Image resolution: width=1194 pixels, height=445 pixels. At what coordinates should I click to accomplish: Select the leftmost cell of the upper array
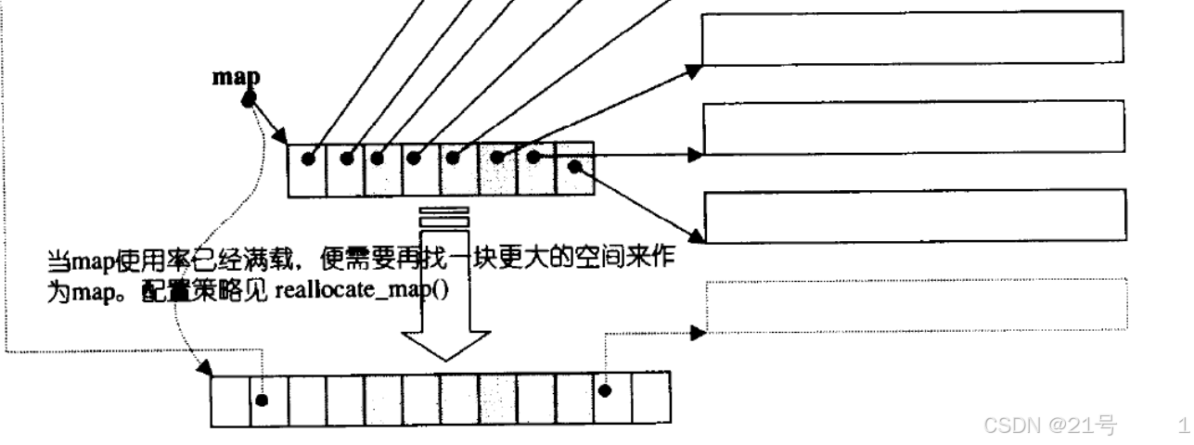click(x=307, y=170)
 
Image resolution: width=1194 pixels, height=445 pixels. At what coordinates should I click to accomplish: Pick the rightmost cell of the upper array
click(x=573, y=170)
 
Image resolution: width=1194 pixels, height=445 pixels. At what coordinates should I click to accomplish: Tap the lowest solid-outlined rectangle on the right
click(x=914, y=215)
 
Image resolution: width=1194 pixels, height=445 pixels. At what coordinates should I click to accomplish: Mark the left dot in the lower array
click(x=263, y=400)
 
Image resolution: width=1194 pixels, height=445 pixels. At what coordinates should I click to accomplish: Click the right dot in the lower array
click(x=606, y=390)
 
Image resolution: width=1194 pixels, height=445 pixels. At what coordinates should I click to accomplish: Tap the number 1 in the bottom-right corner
click(x=1182, y=426)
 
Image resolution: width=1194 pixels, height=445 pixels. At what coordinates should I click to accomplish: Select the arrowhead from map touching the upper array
click(x=284, y=138)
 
